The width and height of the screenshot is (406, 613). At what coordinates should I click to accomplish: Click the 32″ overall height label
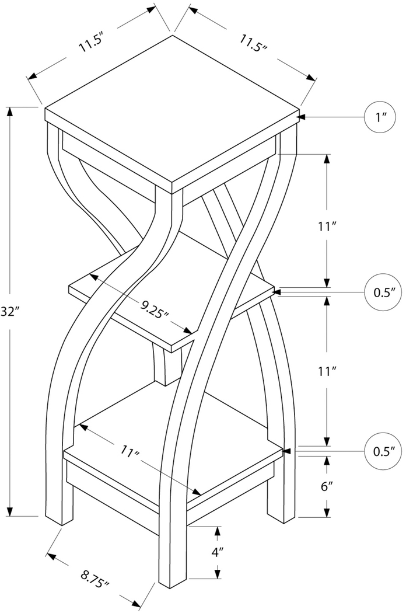9,312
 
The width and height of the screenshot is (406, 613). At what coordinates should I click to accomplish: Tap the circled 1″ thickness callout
379,117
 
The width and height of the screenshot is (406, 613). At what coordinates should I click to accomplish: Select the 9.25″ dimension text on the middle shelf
155,309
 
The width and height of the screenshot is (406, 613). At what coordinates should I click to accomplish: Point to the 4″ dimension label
217,552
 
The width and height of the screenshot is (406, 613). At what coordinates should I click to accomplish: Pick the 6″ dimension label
327,487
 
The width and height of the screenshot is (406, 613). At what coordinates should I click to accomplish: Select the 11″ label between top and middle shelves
327,227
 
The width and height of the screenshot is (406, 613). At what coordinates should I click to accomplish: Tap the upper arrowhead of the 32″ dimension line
10,112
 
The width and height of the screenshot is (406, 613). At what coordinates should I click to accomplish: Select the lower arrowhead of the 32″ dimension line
10,511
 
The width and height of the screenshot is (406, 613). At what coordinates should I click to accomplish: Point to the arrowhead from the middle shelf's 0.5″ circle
278,292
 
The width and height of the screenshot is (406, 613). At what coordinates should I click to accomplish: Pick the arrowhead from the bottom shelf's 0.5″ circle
286,451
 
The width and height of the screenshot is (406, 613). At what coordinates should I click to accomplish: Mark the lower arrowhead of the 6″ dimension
327,512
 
